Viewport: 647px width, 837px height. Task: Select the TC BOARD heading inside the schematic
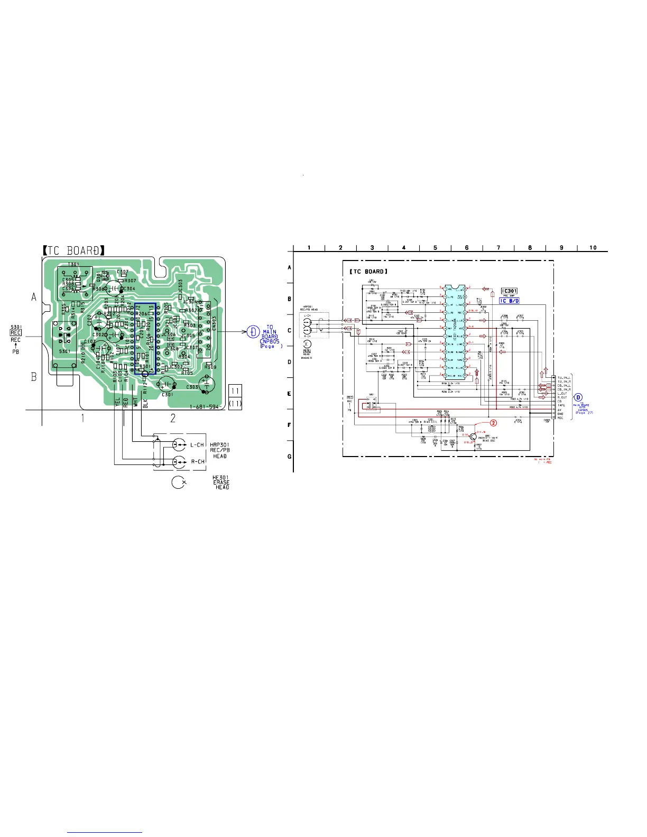[368, 272]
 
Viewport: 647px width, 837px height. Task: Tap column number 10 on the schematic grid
[593, 247]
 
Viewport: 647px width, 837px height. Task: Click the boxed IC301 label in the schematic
[510, 291]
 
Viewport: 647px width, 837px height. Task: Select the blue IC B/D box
[510, 301]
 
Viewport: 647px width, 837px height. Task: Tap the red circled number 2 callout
[493, 423]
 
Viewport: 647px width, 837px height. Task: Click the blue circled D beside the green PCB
[253, 331]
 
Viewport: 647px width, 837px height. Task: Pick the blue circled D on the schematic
[579, 397]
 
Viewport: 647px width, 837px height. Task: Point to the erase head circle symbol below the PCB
[179, 482]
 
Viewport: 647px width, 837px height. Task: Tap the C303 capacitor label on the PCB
[192, 387]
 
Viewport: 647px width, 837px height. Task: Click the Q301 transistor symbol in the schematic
[473, 436]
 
